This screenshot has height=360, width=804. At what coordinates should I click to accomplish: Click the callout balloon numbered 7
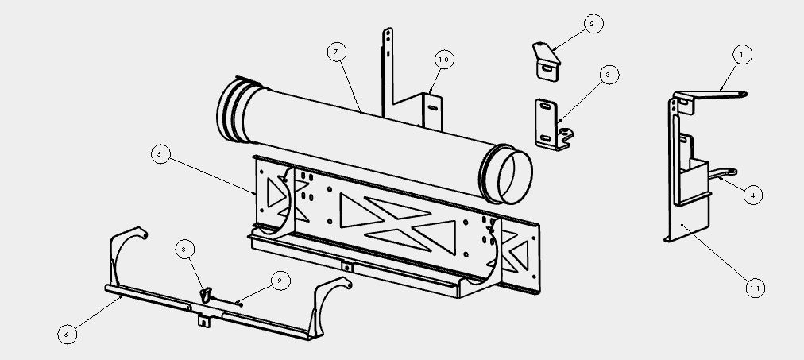click(x=336, y=52)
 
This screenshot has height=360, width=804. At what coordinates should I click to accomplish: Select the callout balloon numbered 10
click(x=444, y=60)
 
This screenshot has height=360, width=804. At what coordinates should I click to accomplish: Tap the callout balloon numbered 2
click(x=593, y=24)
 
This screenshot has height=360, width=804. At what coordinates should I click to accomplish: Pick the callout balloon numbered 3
click(x=609, y=75)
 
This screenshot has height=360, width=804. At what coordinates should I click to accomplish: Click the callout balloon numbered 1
click(x=741, y=54)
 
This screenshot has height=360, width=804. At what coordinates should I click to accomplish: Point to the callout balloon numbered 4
click(x=752, y=195)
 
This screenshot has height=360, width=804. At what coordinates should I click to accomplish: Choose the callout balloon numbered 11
click(x=754, y=288)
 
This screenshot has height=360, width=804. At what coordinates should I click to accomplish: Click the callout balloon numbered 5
click(x=160, y=154)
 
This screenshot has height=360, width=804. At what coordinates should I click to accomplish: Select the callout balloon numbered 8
click(x=184, y=250)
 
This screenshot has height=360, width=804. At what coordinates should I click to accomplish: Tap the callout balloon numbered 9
click(x=280, y=281)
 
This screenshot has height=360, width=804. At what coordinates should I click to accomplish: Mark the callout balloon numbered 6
click(x=67, y=335)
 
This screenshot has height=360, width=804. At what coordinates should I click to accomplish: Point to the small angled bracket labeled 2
click(x=546, y=60)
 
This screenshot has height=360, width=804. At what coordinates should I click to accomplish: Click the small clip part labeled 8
click(x=206, y=294)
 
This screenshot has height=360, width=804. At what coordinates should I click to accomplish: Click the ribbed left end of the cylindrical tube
click(x=234, y=110)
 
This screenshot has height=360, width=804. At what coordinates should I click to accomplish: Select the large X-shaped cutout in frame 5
click(x=398, y=223)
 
